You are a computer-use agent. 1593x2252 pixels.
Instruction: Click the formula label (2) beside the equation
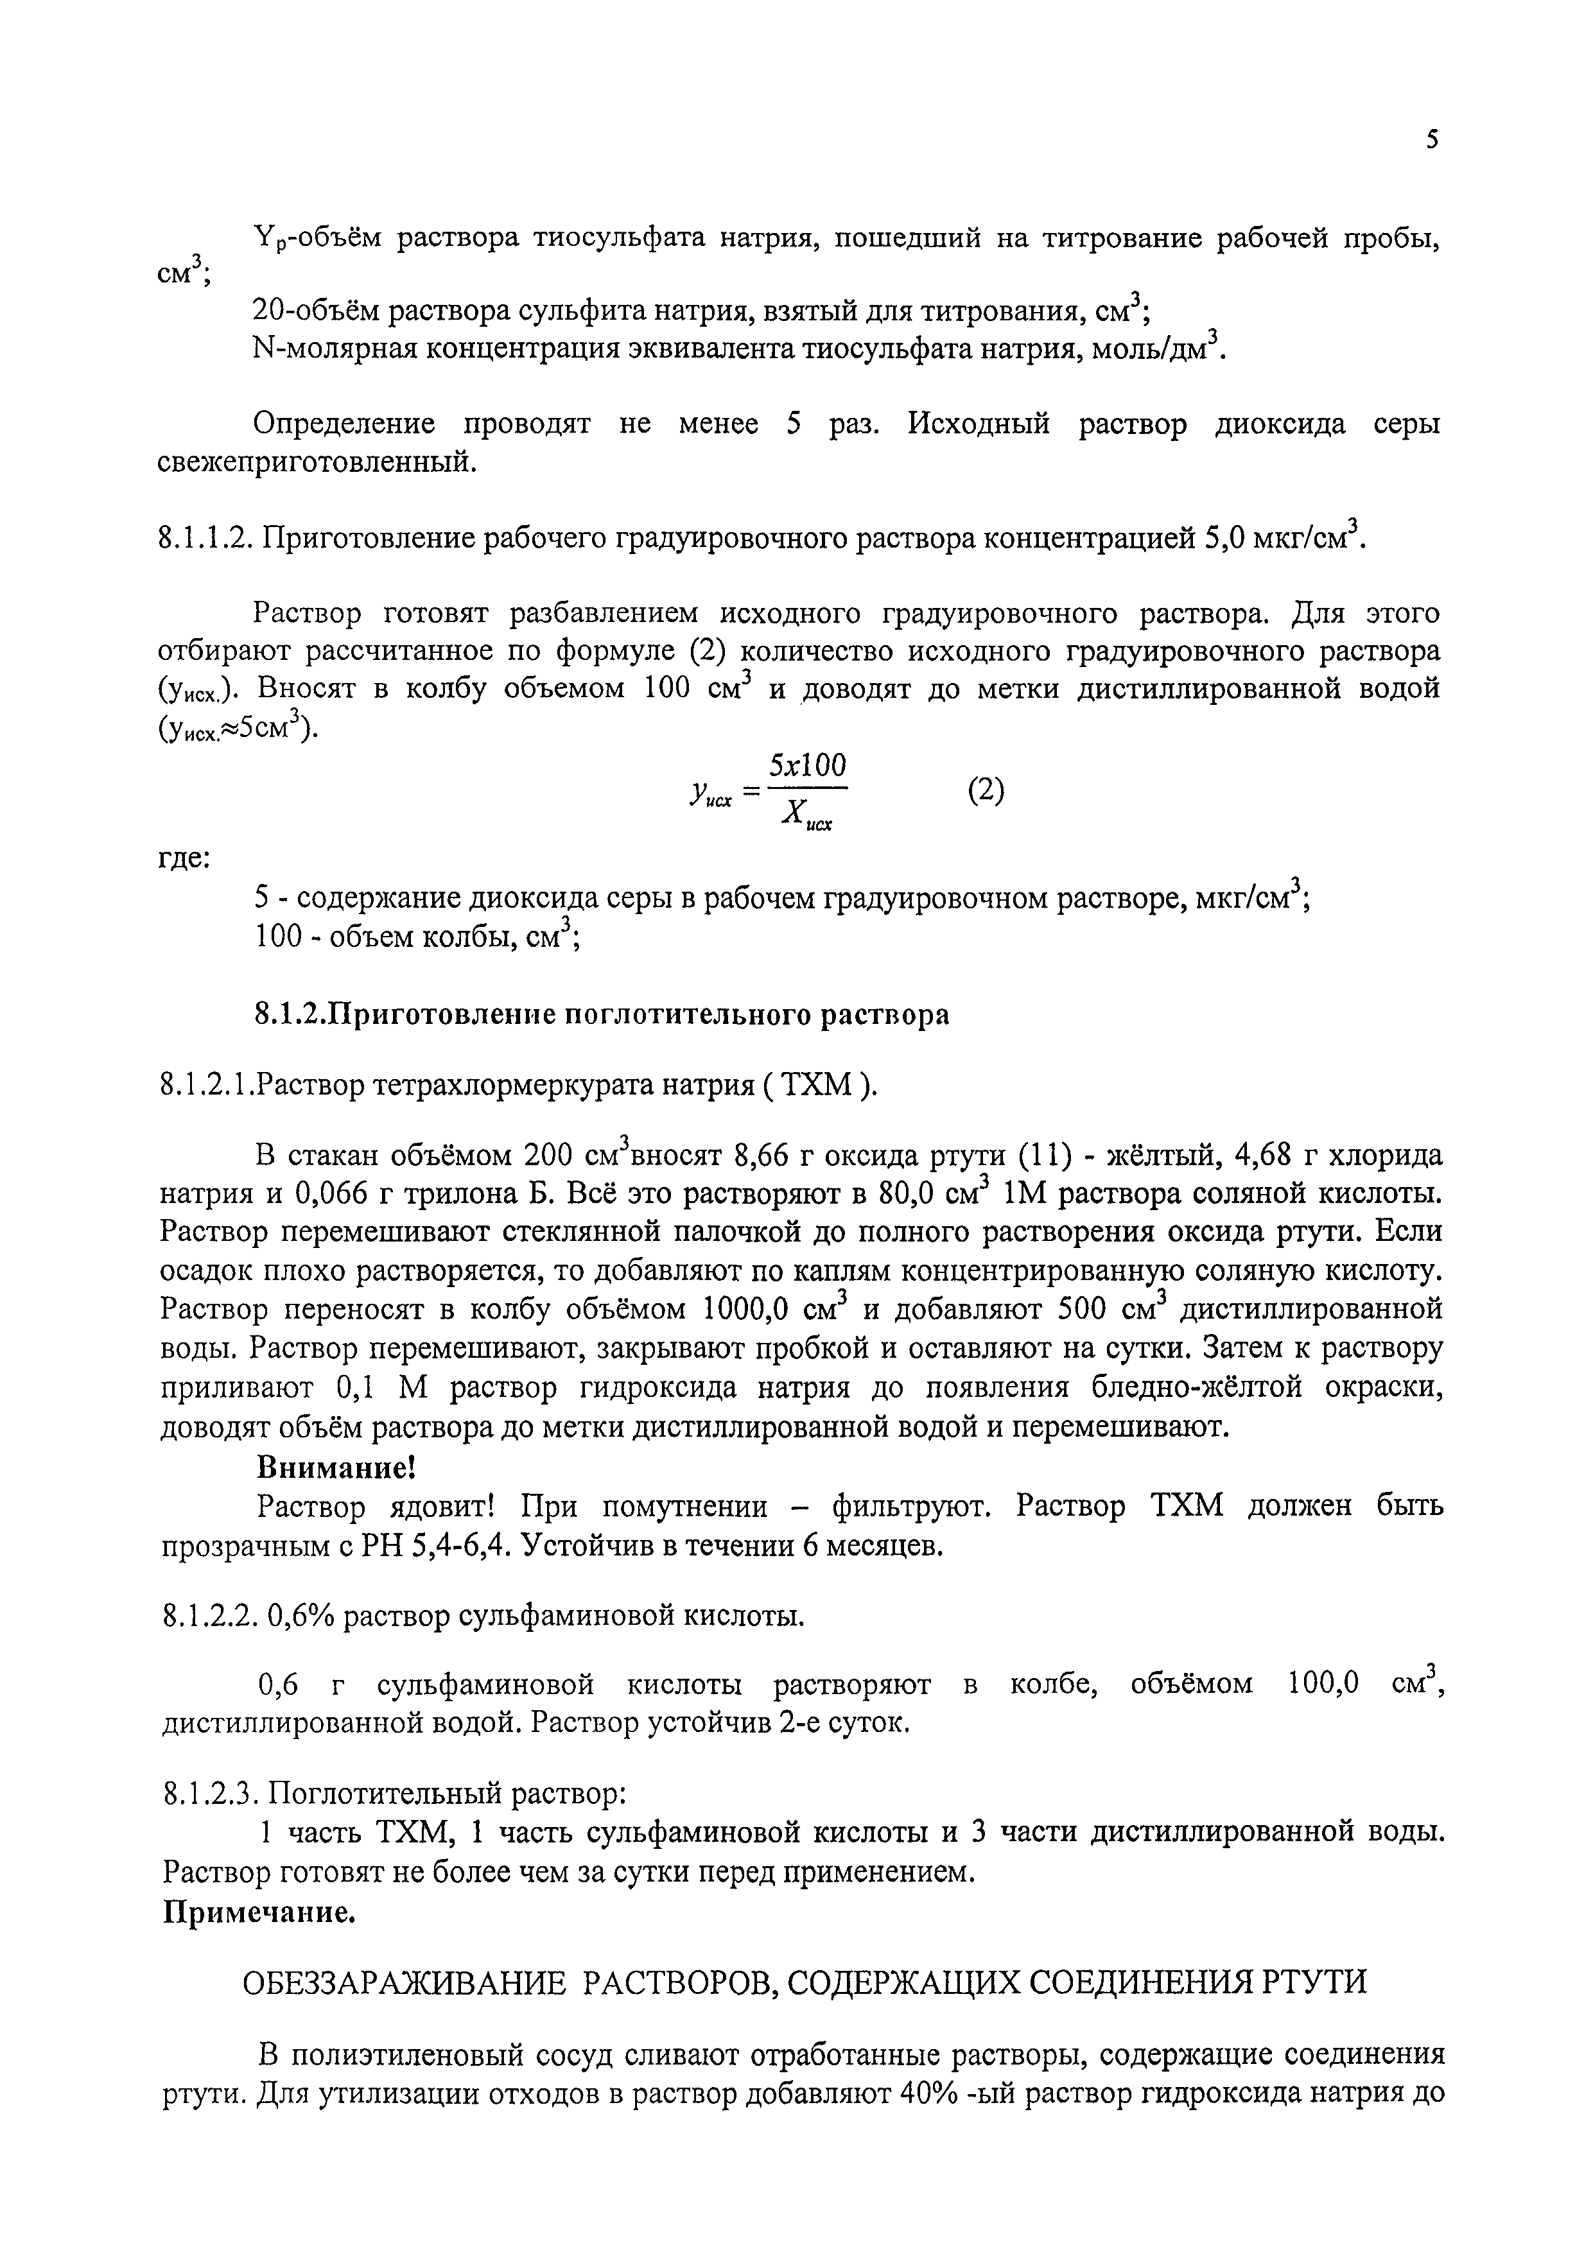click(986, 790)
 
